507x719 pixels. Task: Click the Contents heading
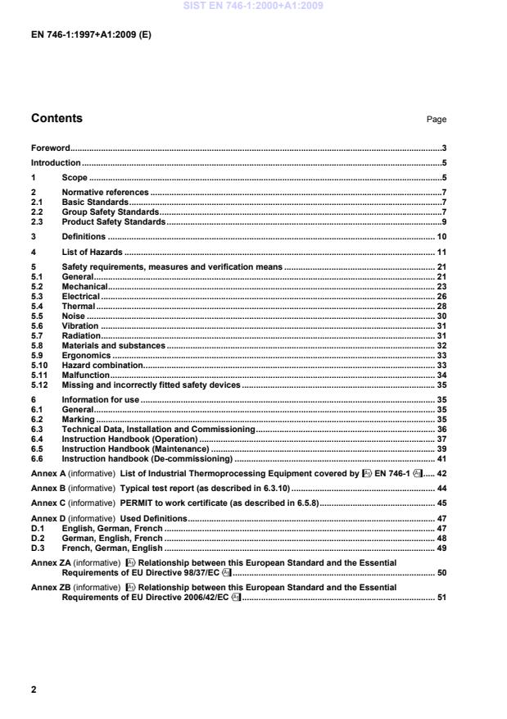(57, 119)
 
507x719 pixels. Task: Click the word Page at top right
(437, 120)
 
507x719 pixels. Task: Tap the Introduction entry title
(56, 162)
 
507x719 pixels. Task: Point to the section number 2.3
(37, 221)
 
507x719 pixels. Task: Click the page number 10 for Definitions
(441, 237)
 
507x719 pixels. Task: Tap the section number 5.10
(38, 364)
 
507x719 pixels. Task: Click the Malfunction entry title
(86, 374)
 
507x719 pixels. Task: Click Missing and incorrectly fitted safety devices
(151, 384)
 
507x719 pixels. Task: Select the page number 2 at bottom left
(34, 689)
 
